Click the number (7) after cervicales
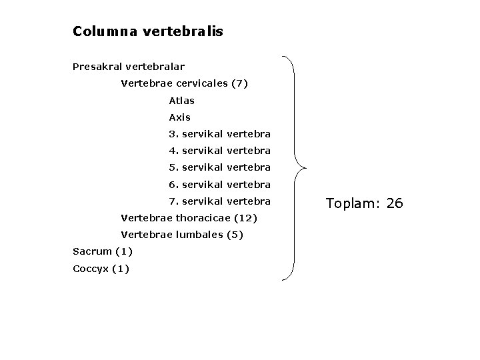pyautogui.click(x=239, y=84)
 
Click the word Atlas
pyautogui.click(x=182, y=101)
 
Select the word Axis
pyautogui.click(x=180, y=117)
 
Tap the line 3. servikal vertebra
pyautogui.click(x=219, y=134)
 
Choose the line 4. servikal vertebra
pyautogui.click(x=219, y=151)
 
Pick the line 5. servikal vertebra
pyautogui.click(x=219, y=167)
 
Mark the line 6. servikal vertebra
pyautogui.click(x=219, y=184)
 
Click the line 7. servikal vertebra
pyautogui.click(x=219, y=201)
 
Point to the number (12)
pyautogui.click(x=245, y=218)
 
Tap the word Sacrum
pyautogui.click(x=92, y=251)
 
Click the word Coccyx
pyautogui.click(x=91, y=269)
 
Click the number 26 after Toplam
pyautogui.click(x=395, y=203)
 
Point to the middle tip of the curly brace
pyautogui.click(x=305, y=167)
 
